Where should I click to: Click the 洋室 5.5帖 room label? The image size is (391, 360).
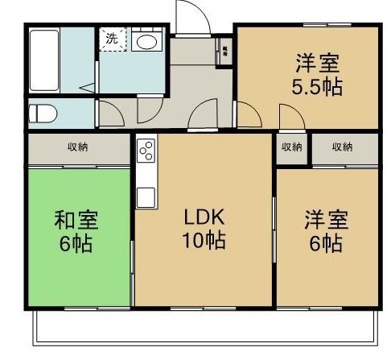316,74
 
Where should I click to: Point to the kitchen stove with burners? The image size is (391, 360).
146,151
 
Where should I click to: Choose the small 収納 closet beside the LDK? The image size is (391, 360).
291,147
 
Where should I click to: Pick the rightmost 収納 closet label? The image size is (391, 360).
342,147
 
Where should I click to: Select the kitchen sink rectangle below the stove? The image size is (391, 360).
146,195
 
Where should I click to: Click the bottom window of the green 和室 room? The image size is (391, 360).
80,308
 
